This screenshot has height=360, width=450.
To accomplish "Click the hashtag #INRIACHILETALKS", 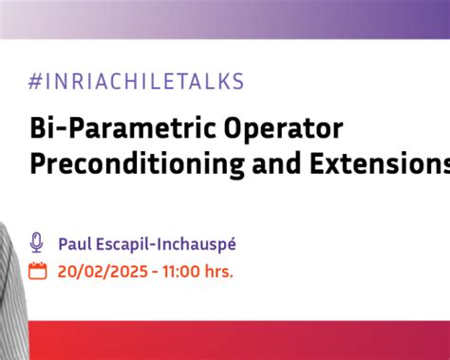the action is (x=136, y=82).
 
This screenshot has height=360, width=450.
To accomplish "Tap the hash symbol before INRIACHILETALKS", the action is (x=35, y=82).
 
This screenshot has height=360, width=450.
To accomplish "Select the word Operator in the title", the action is (x=284, y=129).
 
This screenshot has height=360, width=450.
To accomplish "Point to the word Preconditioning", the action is (x=137, y=164).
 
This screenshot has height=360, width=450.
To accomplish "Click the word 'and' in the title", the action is (x=276, y=163).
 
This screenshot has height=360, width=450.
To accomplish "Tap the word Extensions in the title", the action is (x=380, y=163).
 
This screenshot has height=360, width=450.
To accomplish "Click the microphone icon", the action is (x=36, y=242).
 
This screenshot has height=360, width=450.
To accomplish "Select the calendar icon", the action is (x=38, y=271).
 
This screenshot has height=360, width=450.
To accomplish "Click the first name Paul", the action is (x=75, y=244).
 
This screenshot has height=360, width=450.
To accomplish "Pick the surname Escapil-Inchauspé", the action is (x=166, y=245).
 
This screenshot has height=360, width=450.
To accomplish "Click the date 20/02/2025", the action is (x=103, y=272).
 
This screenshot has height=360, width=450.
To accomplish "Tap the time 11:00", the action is (x=181, y=272).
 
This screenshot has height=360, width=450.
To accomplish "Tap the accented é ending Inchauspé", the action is (x=232, y=244).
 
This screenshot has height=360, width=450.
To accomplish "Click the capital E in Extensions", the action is (x=317, y=163).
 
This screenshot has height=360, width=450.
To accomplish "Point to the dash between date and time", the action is (x=155, y=273).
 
